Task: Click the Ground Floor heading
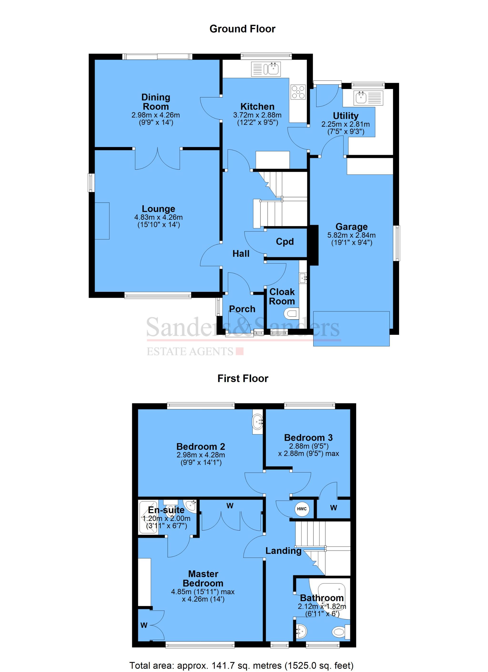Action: point(242,29)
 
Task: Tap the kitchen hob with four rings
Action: point(298,92)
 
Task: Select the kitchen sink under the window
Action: point(266,69)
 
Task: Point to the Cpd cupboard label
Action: point(285,242)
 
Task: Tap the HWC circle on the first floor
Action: point(302,509)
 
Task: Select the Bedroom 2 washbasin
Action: point(257,422)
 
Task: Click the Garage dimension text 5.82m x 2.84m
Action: point(351,235)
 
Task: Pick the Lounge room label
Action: point(158,209)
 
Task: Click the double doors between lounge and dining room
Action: point(158,159)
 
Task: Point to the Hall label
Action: point(241,254)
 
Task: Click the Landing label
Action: point(283,551)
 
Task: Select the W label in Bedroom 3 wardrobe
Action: point(334,508)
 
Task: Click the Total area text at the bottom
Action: point(241,666)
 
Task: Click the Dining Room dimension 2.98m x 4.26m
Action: point(156,115)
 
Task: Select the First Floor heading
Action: point(243,379)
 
